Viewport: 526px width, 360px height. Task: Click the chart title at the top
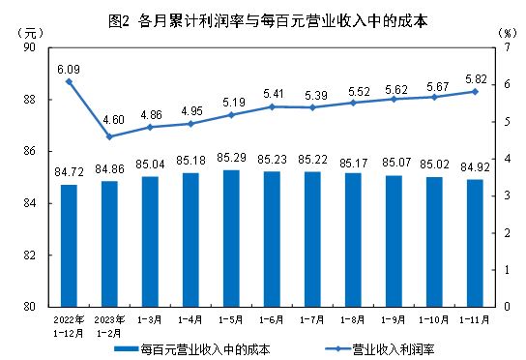click(263, 16)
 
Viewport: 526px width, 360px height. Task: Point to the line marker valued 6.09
click(69, 81)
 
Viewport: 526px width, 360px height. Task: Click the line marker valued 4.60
click(109, 136)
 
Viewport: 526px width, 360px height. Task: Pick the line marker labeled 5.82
click(476, 91)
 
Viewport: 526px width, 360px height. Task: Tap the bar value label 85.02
click(434, 167)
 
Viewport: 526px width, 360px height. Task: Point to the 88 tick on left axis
click(29, 100)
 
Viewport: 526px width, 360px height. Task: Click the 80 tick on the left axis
click(29, 307)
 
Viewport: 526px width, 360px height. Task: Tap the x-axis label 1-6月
click(272, 318)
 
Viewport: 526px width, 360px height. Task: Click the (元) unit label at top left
click(29, 33)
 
